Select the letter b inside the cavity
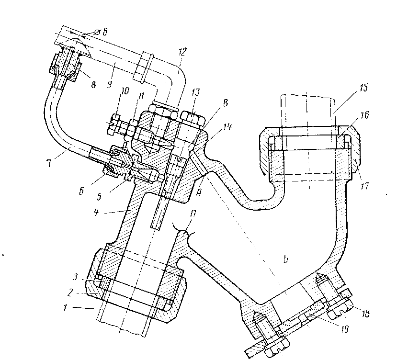(x=285, y=259)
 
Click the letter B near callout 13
(x=220, y=102)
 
